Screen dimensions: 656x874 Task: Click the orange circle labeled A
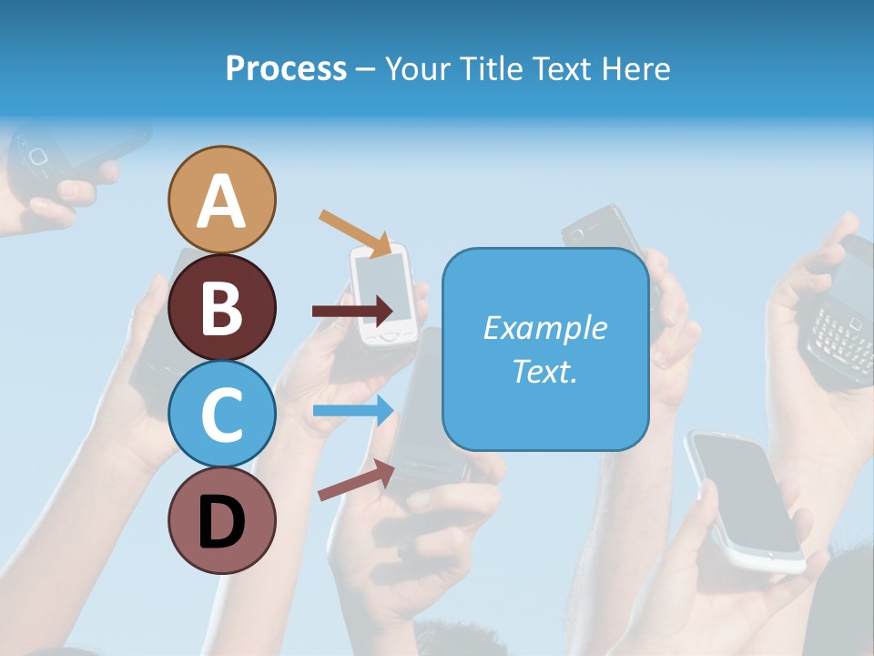pyautogui.click(x=221, y=200)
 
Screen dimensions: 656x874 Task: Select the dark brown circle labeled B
pyautogui.click(x=221, y=307)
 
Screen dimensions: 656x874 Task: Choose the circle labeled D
pyautogui.click(x=221, y=520)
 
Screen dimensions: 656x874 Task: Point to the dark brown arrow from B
pyautogui.click(x=352, y=311)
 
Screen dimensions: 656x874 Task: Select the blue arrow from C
pyautogui.click(x=353, y=410)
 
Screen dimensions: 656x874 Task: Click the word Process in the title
pyautogui.click(x=286, y=68)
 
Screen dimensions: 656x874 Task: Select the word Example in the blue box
pyautogui.click(x=544, y=328)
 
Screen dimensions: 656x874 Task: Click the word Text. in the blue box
pyautogui.click(x=544, y=371)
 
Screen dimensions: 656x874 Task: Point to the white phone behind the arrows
pyautogui.click(x=386, y=293)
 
